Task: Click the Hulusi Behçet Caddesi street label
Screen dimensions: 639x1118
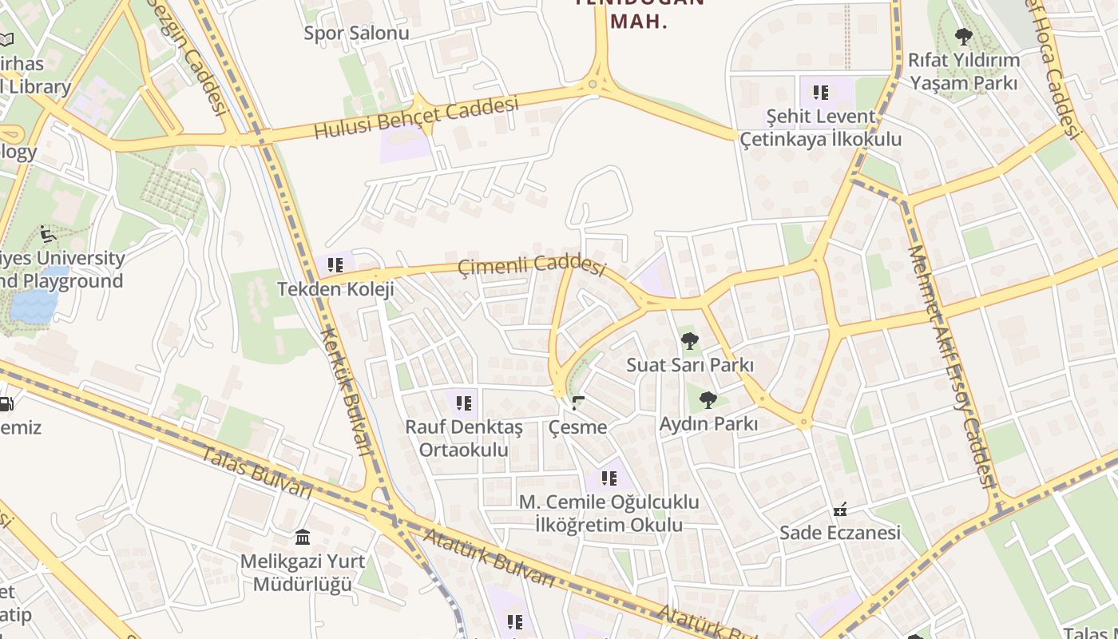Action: (x=416, y=117)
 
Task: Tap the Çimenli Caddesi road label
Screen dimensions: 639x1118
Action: (x=532, y=264)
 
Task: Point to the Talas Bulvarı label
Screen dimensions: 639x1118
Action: (x=256, y=473)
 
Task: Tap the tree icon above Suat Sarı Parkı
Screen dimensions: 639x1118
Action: (x=690, y=341)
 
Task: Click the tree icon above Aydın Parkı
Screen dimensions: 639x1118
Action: (x=708, y=399)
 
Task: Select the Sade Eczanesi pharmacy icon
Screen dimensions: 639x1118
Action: (x=840, y=509)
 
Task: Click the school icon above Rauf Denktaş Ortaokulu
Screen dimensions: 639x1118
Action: (x=464, y=403)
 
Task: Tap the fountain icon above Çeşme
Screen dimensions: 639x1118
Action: (x=578, y=403)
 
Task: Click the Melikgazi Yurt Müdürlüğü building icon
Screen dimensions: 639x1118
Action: (x=303, y=537)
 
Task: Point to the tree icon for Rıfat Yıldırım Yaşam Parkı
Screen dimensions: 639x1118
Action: (x=964, y=37)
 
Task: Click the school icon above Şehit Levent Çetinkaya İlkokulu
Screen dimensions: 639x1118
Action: (x=821, y=93)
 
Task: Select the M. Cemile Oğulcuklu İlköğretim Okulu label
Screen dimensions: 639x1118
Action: (x=609, y=514)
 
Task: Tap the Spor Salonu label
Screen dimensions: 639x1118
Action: (x=356, y=34)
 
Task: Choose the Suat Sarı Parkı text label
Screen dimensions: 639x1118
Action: (x=690, y=365)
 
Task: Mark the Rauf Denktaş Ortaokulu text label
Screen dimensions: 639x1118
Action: (x=464, y=438)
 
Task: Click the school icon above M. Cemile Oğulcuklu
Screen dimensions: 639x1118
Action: (x=609, y=478)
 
